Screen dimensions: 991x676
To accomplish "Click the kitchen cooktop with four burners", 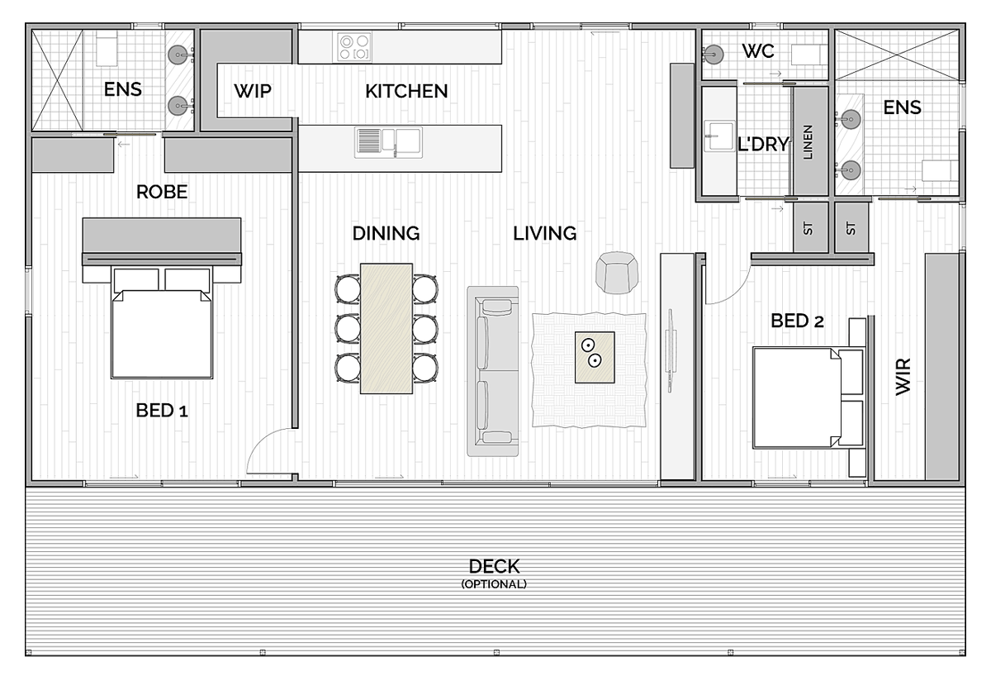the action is click(354, 47).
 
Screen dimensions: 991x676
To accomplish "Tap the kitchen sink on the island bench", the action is click(388, 142).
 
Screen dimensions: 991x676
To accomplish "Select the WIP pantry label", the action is click(253, 91).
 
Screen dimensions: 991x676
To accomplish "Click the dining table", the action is click(386, 328).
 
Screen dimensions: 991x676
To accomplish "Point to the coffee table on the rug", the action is click(595, 357).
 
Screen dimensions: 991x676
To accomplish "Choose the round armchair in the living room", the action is click(617, 273).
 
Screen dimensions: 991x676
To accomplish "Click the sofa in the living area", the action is click(493, 371).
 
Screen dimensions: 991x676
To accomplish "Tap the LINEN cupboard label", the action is click(808, 142).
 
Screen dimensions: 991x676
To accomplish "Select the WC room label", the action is click(758, 51).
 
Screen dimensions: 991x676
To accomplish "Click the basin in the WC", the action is click(713, 55).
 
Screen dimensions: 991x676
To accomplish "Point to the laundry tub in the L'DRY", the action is click(719, 136).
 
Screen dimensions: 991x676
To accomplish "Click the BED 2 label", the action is click(797, 321).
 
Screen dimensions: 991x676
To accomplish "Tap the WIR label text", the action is click(903, 377).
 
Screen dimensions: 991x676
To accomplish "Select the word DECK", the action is click(494, 566).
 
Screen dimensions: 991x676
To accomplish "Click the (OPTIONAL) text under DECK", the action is click(494, 584).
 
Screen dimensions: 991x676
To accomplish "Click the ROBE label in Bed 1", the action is click(162, 192).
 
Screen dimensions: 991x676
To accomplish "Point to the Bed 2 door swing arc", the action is click(736, 293).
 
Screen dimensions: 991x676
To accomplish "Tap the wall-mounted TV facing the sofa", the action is click(670, 350).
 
